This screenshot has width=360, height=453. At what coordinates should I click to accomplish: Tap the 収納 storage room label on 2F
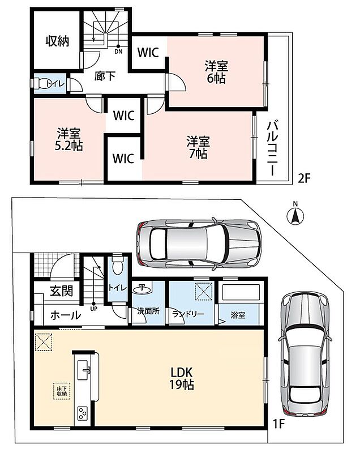click(57, 41)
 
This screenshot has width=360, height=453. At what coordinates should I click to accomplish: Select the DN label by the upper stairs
click(118, 52)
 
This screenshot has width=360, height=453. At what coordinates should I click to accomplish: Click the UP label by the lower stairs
click(94, 309)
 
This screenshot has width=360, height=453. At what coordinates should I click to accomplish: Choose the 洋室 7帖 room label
click(198, 147)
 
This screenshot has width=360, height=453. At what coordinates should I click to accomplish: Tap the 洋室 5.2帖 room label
click(68, 140)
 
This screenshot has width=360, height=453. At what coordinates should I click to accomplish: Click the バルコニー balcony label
click(273, 148)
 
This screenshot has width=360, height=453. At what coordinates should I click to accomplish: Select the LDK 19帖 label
click(181, 378)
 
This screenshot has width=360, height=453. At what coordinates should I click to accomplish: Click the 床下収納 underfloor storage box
click(62, 391)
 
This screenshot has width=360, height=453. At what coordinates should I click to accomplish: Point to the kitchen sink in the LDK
click(84, 370)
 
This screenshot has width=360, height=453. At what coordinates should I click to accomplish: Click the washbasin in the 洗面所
click(142, 289)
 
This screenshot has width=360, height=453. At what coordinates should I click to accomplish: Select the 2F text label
click(304, 179)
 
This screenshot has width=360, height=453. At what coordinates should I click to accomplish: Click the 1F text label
click(279, 424)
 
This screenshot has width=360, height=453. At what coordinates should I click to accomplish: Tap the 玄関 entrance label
click(61, 291)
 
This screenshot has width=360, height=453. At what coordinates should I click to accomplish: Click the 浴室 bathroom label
click(238, 315)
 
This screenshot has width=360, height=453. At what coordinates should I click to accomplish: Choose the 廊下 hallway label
click(105, 76)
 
